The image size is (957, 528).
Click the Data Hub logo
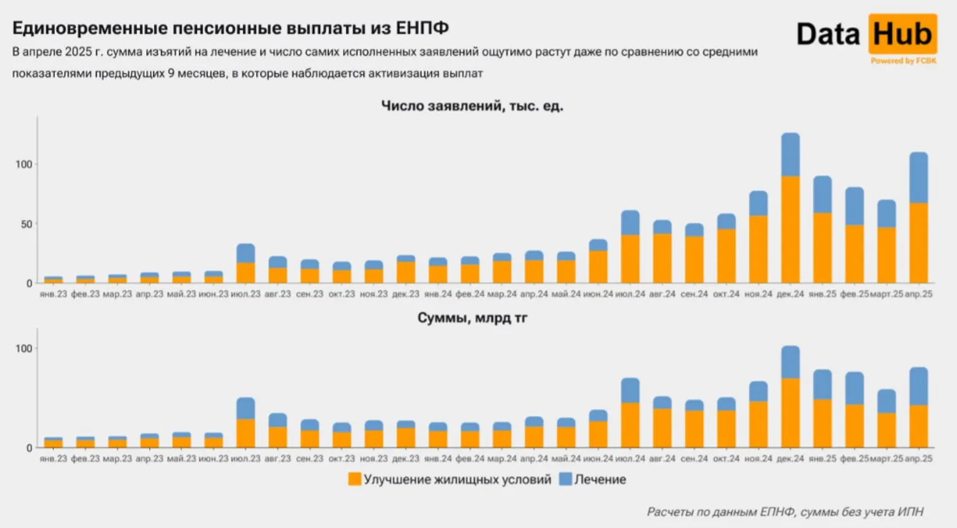(x=866, y=34)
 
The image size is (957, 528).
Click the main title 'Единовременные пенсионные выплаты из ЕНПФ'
(x=231, y=28)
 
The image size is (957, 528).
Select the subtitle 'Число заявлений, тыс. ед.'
(x=472, y=106)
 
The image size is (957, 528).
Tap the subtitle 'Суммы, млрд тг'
(x=472, y=317)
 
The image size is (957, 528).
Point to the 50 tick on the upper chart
(x=25, y=224)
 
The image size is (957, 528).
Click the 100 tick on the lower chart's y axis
(x=23, y=348)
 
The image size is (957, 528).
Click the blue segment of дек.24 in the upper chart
(x=790, y=154)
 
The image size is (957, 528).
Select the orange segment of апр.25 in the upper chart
(x=918, y=243)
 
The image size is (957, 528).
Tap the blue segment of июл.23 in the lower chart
(x=245, y=408)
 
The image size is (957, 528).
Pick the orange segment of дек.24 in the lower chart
(x=790, y=413)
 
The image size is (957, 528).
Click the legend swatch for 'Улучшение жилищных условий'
(x=354, y=479)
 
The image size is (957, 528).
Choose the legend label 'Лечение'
(x=600, y=479)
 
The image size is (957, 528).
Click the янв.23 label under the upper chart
(x=53, y=294)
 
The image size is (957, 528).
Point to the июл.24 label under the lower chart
(x=630, y=458)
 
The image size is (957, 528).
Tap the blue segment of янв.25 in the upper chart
(x=822, y=194)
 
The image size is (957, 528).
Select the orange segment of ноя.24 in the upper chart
(x=758, y=249)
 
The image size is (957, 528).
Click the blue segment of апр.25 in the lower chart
(x=918, y=386)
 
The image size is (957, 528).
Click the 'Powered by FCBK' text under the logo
(x=903, y=61)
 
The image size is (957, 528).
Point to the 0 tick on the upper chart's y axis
(x=28, y=283)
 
